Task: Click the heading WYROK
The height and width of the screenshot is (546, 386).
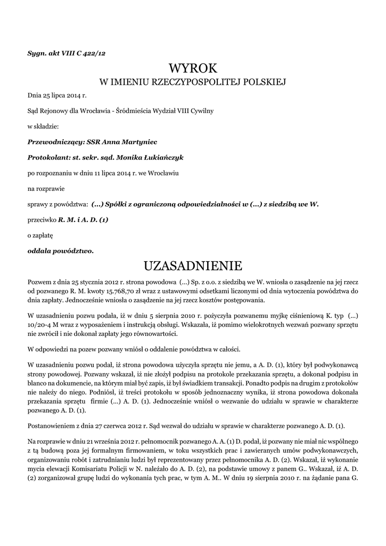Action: [x=193, y=69]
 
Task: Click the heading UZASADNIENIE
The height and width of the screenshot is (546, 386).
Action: [x=193, y=265]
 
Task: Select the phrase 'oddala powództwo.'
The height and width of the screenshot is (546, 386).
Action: [x=60, y=250]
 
